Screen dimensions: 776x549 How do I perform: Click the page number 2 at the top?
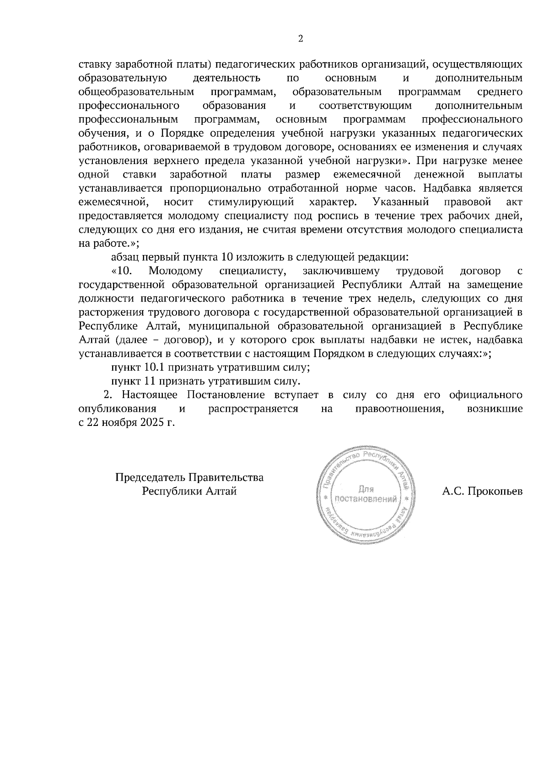(x=300, y=39)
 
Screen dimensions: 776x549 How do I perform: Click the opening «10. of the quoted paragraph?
(x=122, y=271)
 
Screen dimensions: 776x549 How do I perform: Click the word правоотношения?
(x=400, y=409)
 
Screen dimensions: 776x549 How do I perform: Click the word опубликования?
(x=118, y=409)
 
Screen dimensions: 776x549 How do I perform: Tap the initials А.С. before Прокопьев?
(x=453, y=492)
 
